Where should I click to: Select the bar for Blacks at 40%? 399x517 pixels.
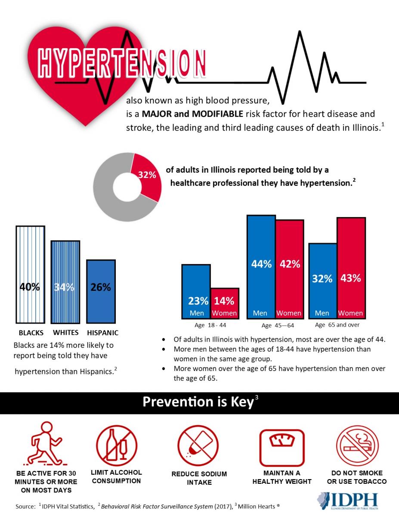(30, 274)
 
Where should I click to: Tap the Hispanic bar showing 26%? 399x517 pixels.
(101, 291)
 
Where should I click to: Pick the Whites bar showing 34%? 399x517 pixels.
(65, 282)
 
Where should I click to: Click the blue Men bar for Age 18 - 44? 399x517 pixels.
(196, 291)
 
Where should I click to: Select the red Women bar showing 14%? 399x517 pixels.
(225, 303)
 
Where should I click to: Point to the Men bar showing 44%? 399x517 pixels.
(261, 267)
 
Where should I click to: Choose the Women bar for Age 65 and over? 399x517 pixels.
(351, 268)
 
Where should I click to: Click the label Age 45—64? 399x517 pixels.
(278, 325)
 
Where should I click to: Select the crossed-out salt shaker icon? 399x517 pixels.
(198, 445)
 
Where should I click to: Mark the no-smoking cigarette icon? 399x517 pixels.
(357, 445)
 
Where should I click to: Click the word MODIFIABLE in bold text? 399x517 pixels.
(217, 114)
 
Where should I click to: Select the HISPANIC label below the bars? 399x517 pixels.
(103, 333)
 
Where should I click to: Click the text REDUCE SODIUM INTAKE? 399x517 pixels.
(199, 478)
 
